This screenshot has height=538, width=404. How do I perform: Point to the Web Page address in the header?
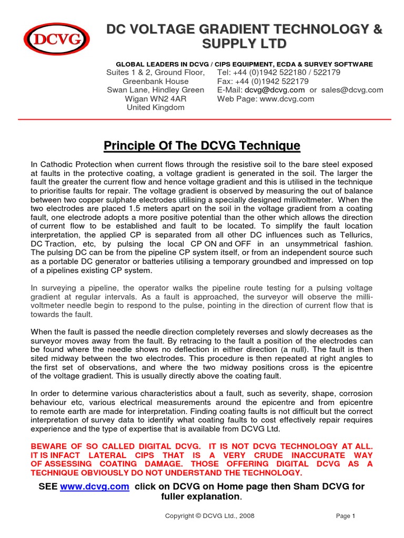266,99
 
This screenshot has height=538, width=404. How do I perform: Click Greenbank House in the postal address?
155,81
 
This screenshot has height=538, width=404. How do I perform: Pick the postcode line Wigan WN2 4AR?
155,99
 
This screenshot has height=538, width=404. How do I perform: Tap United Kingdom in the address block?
155,107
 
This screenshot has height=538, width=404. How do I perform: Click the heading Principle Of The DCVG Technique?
201,145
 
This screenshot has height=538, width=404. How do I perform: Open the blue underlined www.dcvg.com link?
94,487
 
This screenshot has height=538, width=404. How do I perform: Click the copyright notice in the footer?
209,516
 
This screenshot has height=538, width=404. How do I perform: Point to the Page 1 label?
346,516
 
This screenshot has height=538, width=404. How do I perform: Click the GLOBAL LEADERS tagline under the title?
239,64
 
